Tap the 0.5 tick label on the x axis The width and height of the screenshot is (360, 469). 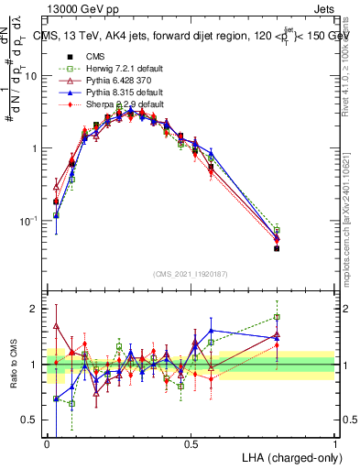click(x=191, y=442)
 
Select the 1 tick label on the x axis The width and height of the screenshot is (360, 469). click(x=335, y=442)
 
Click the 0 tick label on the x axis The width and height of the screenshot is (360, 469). click(x=47, y=442)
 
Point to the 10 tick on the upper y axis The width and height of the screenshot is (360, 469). click(x=33, y=76)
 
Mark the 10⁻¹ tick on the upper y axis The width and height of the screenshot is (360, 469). click(x=30, y=221)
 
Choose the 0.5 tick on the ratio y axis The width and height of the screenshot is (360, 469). click(x=33, y=420)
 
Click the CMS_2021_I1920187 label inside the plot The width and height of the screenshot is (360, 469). click(x=190, y=273)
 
